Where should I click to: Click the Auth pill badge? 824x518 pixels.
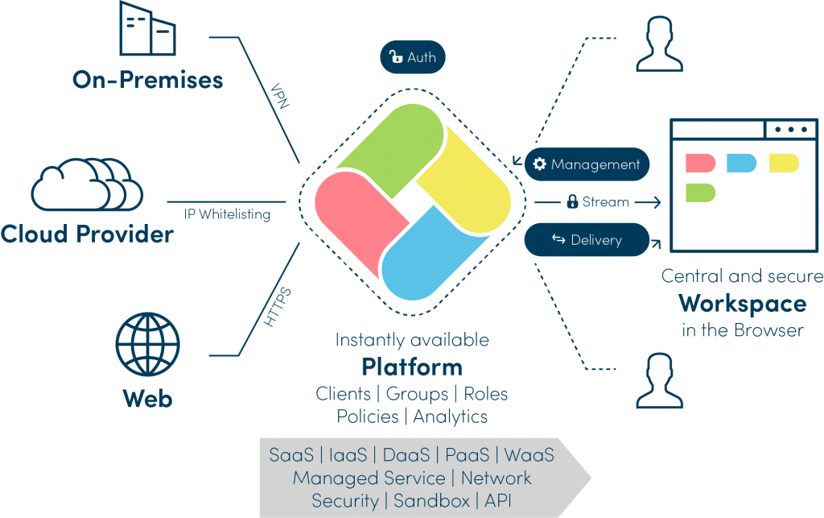412,57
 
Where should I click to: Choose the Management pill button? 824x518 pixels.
587,164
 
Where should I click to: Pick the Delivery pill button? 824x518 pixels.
587,240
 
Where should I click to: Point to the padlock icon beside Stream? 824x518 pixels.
572,201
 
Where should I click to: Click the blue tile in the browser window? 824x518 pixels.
741,164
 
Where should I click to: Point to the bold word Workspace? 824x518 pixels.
742,304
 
